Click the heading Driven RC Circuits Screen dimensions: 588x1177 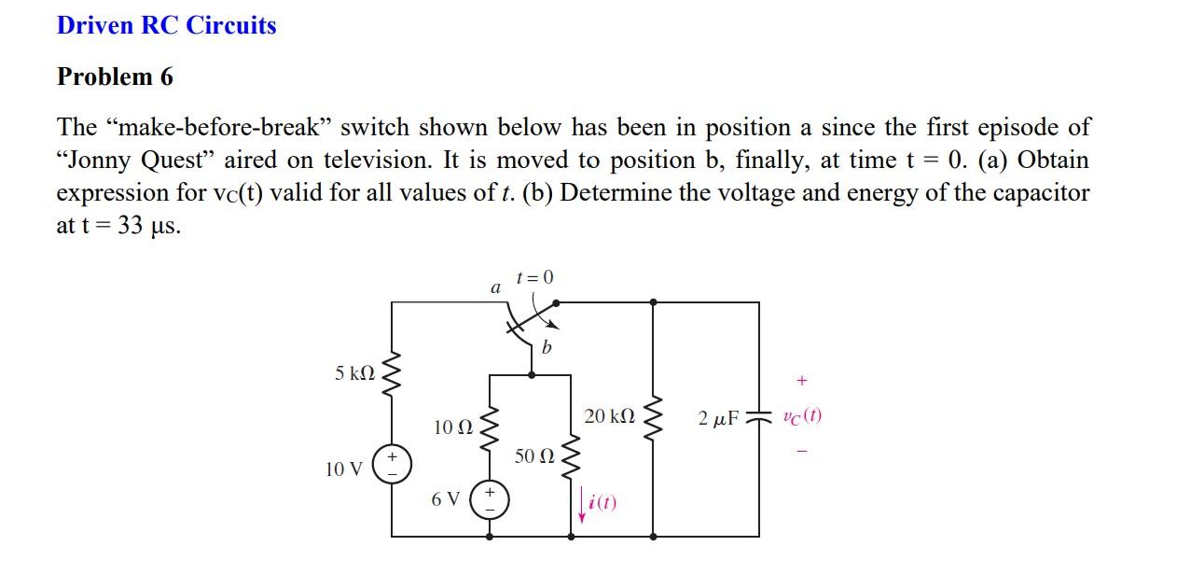click(166, 25)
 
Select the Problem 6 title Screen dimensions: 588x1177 click(115, 77)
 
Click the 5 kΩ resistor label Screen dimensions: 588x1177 click(354, 373)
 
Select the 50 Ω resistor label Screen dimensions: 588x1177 click(533, 456)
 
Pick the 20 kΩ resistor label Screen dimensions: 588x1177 click(609, 416)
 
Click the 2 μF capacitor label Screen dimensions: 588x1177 click(718, 417)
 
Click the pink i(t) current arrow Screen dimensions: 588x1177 click(582, 505)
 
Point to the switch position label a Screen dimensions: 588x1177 click(495, 288)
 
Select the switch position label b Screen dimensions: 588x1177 click(547, 348)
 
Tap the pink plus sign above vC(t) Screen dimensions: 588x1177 click(801, 381)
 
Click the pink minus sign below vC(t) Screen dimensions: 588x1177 click(801, 453)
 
